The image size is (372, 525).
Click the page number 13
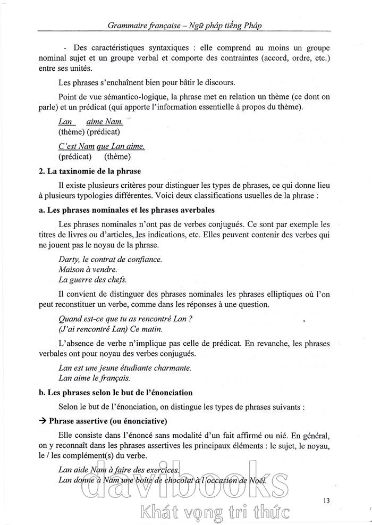(326, 499)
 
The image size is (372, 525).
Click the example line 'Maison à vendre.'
(88, 270)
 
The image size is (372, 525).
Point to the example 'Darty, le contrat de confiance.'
(110, 260)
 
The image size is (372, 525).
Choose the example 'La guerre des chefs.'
(92, 280)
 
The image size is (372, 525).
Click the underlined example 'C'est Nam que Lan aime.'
(102, 146)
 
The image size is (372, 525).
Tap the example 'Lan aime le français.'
(94, 378)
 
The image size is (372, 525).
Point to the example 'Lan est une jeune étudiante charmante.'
(124, 368)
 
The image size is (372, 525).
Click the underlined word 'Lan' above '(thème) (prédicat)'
(65, 122)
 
